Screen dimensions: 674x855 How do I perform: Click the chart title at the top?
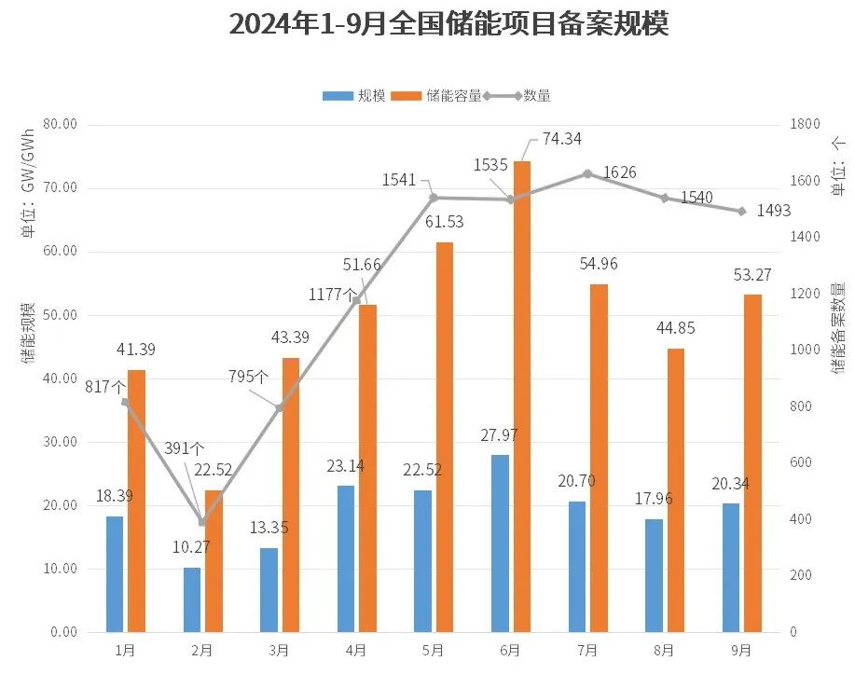(448, 25)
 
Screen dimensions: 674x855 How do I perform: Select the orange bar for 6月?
(522, 396)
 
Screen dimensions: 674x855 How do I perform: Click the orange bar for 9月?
(752, 462)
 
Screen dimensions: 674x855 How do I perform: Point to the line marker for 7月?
(587, 174)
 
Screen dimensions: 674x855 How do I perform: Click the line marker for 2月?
(202, 522)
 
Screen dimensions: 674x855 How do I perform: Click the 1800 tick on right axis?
(806, 124)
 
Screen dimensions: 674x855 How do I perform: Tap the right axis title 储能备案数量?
(839, 323)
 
